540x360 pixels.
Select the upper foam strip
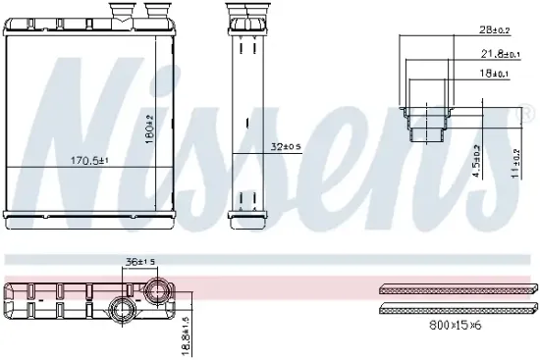point(457,290)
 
